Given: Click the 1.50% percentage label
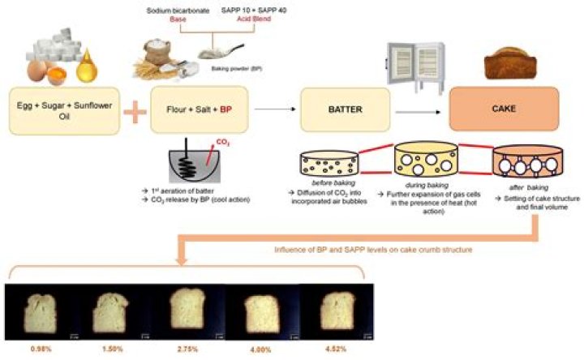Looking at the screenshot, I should [x=114, y=348].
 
